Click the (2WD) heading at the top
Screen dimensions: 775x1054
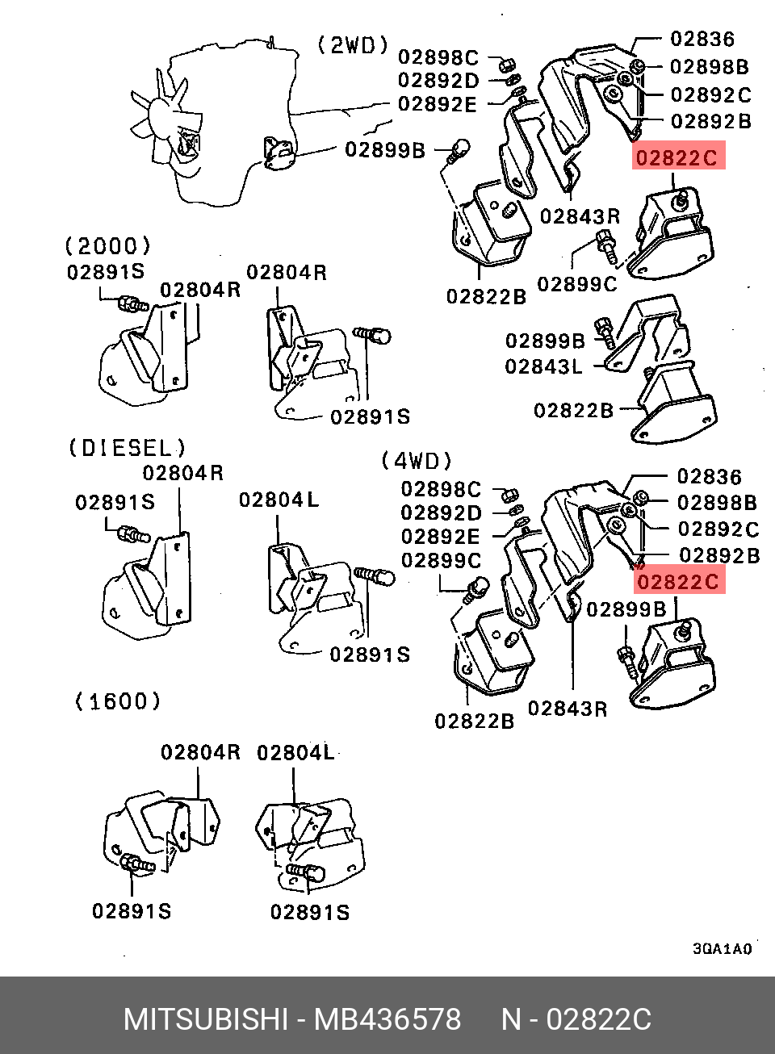[x=354, y=46]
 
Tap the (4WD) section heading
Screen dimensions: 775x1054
[x=417, y=460]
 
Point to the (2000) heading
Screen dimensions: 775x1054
[x=108, y=245]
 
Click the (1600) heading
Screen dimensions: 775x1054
[x=118, y=701]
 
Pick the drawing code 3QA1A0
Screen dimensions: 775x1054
[x=722, y=948]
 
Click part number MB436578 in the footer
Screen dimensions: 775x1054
[x=387, y=1019]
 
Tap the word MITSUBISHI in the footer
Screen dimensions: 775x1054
[x=206, y=1019]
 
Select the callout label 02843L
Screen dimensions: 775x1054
[x=543, y=366]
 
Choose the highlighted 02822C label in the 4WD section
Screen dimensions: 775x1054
[x=679, y=580]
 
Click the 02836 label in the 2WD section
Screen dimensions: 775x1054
[x=702, y=39]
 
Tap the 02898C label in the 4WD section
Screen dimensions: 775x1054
[x=441, y=489]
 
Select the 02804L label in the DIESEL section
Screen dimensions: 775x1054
[x=279, y=500]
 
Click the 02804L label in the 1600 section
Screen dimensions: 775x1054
[x=295, y=753]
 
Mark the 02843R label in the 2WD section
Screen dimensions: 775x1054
[x=580, y=216]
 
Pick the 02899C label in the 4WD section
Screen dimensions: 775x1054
[x=441, y=560]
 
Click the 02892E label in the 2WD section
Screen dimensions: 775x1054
[x=438, y=104]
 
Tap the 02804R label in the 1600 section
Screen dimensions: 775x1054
[x=200, y=752]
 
